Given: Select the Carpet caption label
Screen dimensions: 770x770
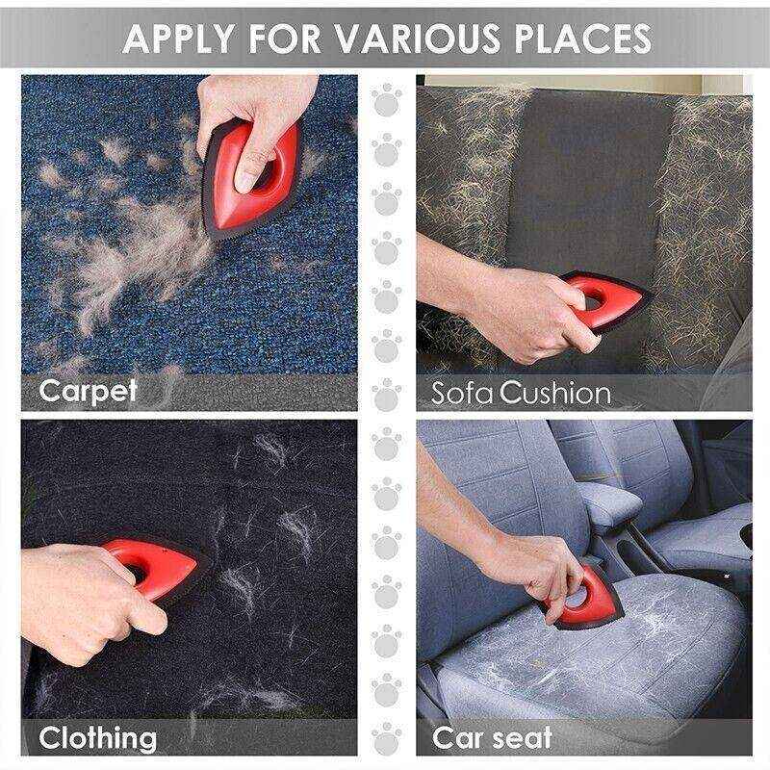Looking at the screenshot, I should click(x=89, y=391).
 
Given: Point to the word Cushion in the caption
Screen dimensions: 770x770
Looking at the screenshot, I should click(x=556, y=393).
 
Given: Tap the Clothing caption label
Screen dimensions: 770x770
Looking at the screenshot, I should click(x=97, y=739).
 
